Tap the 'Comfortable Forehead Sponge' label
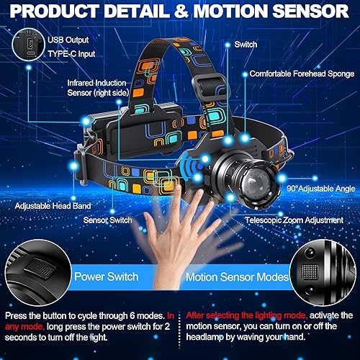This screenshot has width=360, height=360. pyautogui.click(x=302, y=73)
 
